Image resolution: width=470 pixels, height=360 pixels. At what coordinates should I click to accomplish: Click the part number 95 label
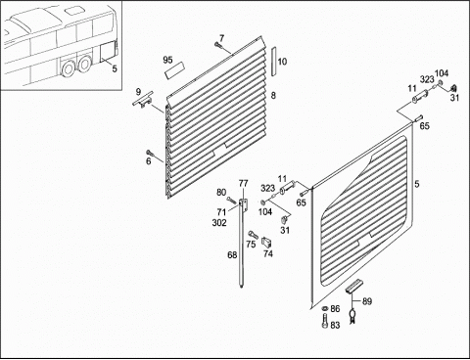(x=167, y=60)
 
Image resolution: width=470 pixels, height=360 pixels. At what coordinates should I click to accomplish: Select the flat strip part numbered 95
(x=175, y=70)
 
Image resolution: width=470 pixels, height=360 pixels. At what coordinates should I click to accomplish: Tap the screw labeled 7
(x=218, y=46)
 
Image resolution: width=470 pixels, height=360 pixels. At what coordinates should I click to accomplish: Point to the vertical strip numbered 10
(x=274, y=62)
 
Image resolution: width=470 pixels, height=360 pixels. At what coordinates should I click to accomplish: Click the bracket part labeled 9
(x=142, y=100)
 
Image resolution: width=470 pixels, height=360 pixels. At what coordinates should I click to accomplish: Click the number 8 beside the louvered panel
(x=273, y=95)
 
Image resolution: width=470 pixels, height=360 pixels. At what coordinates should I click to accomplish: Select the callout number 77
(x=243, y=184)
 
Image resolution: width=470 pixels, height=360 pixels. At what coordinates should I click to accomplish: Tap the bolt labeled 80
(x=231, y=201)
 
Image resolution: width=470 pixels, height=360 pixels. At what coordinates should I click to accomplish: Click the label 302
(x=219, y=223)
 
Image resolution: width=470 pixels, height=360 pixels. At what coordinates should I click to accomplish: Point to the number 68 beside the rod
(x=232, y=255)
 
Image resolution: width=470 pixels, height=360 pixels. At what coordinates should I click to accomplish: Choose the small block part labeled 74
(x=266, y=243)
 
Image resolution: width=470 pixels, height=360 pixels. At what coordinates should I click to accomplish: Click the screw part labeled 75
(x=254, y=234)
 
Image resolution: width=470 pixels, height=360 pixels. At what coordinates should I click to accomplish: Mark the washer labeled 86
(x=325, y=308)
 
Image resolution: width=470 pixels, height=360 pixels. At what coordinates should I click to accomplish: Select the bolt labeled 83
(x=325, y=322)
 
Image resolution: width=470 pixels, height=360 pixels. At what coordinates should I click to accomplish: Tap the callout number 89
(x=367, y=301)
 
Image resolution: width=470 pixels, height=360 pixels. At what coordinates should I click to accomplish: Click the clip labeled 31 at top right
(x=453, y=88)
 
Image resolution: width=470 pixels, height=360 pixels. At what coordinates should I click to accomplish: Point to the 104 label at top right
(x=442, y=73)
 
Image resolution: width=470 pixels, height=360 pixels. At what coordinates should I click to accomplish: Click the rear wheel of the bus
(x=85, y=64)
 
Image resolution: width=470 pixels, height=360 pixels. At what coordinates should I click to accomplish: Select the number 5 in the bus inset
(x=115, y=68)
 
